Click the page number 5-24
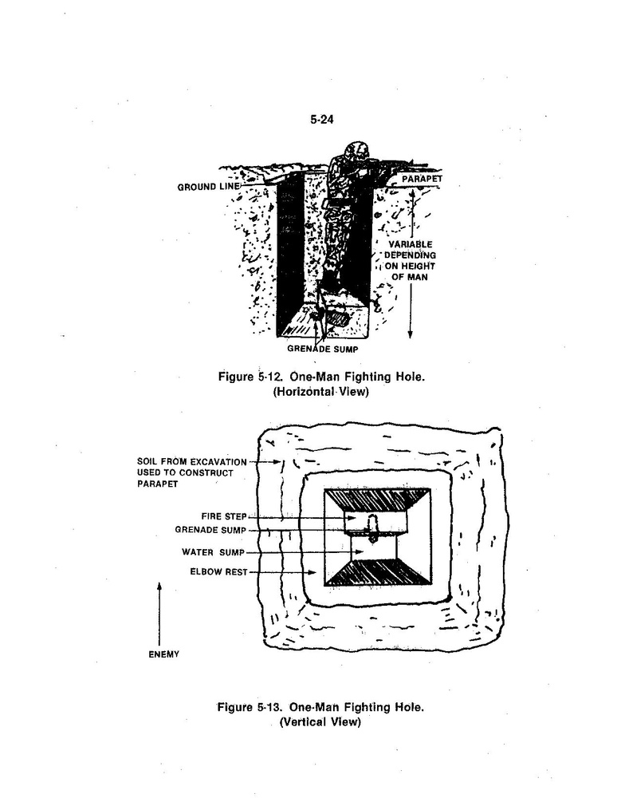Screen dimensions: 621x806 321,119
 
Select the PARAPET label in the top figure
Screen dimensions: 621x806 422,179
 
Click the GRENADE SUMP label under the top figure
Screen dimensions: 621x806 323,349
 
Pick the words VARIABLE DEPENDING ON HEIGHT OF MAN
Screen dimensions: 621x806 410,261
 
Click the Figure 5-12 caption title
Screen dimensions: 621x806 321,377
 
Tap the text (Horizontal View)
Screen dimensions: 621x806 321,392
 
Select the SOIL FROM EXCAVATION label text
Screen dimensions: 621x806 191,461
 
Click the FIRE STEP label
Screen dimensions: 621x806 223,516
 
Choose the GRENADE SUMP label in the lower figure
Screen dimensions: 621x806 210,529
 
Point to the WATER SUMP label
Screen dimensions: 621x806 213,552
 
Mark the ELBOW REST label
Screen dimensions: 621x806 218,571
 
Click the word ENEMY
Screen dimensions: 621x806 164,654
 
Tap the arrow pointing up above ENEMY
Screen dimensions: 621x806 159,614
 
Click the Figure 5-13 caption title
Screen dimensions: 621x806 321,707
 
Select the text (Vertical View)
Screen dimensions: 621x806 320,722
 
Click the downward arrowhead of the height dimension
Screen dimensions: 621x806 411,334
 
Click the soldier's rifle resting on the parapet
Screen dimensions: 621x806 395,164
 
